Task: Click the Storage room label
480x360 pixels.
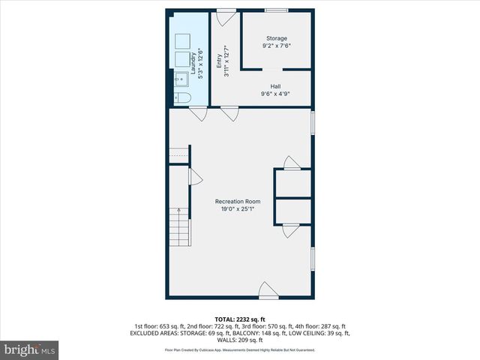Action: (277, 38)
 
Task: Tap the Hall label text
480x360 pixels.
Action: (275, 86)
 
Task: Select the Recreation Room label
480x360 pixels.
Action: (238, 201)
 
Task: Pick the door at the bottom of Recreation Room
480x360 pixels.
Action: (268, 289)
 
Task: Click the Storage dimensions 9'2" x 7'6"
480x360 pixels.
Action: (277, 46)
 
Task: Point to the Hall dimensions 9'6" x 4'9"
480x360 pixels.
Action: (275, 94)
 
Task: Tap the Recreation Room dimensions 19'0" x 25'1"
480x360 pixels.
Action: (238, 209)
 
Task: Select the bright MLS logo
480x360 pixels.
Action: (31, 349)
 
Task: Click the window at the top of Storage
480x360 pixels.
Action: (275, 10)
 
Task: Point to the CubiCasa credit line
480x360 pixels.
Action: (240, 349)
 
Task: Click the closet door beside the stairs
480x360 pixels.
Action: (195, 176)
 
